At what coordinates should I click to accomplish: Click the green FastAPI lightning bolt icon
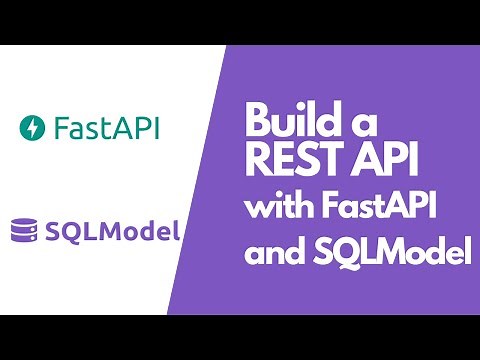[32, 129]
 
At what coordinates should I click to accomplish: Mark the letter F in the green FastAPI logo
[61, 129]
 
